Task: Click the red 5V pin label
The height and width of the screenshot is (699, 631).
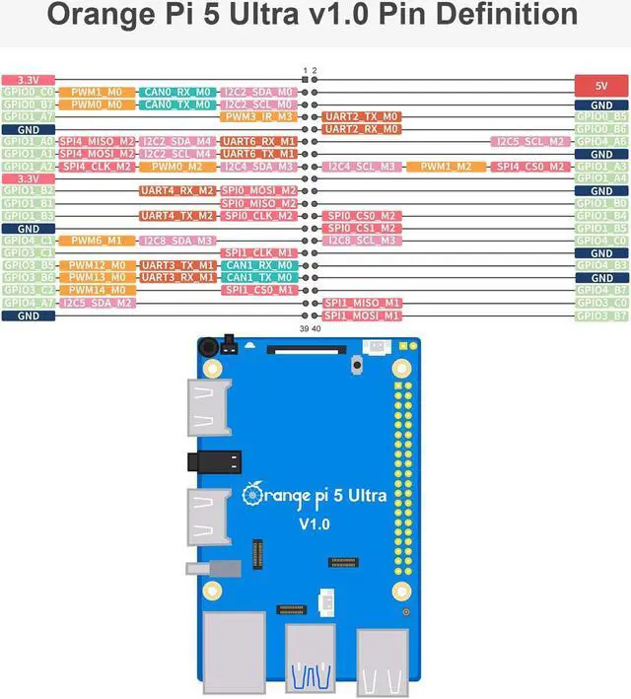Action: point(601,85)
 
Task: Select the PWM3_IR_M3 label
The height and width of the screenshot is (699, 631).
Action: point(258,116)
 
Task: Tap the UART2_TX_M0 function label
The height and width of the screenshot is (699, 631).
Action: point(361,116)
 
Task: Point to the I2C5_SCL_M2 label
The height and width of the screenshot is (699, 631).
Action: point(530,141)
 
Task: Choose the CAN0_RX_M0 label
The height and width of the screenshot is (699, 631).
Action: point(175,92)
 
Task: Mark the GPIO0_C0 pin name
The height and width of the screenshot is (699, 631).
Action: point(28,92)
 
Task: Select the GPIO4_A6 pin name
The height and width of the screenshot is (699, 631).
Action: point(601,141)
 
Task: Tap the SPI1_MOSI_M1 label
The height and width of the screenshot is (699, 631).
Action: point(361,315)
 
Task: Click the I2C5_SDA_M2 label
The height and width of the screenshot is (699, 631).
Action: point(97,303)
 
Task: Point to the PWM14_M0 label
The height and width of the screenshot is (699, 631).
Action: point(97,290)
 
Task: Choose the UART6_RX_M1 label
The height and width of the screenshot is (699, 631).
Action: point(258,141)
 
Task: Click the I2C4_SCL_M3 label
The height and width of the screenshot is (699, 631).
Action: point(361,166)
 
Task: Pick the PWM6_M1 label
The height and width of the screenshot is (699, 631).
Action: point(97,241)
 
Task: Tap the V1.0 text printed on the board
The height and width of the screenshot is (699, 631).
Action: point(318,524)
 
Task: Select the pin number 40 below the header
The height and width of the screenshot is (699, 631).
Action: point(316,329)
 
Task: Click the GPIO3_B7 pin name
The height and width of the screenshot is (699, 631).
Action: point(601,315)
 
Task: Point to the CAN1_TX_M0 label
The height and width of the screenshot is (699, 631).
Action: point(258,277)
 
